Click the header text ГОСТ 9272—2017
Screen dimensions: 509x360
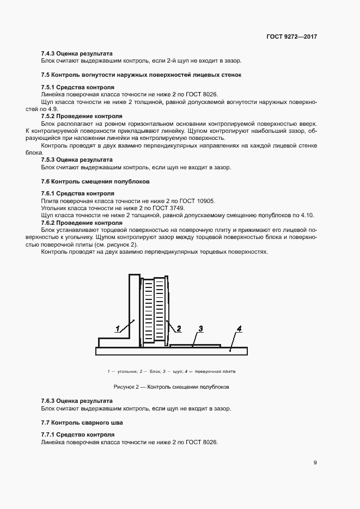(x=291, y=36)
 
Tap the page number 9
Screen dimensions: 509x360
(x=315, y=463)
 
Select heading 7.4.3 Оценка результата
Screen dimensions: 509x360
(x=76, y=54)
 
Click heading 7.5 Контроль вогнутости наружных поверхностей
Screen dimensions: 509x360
(x=141, y=75)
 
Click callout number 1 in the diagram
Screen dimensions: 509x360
(x=117, y=328)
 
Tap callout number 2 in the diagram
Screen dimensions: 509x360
(x=178, y=328)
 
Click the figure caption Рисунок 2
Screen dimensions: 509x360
(x=171, y=387)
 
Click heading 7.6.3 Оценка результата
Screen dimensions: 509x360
(x=76, y=401)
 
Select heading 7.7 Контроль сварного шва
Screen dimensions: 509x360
(x=82, y=422)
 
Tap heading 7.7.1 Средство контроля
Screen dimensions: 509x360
(x=77, y=435)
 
